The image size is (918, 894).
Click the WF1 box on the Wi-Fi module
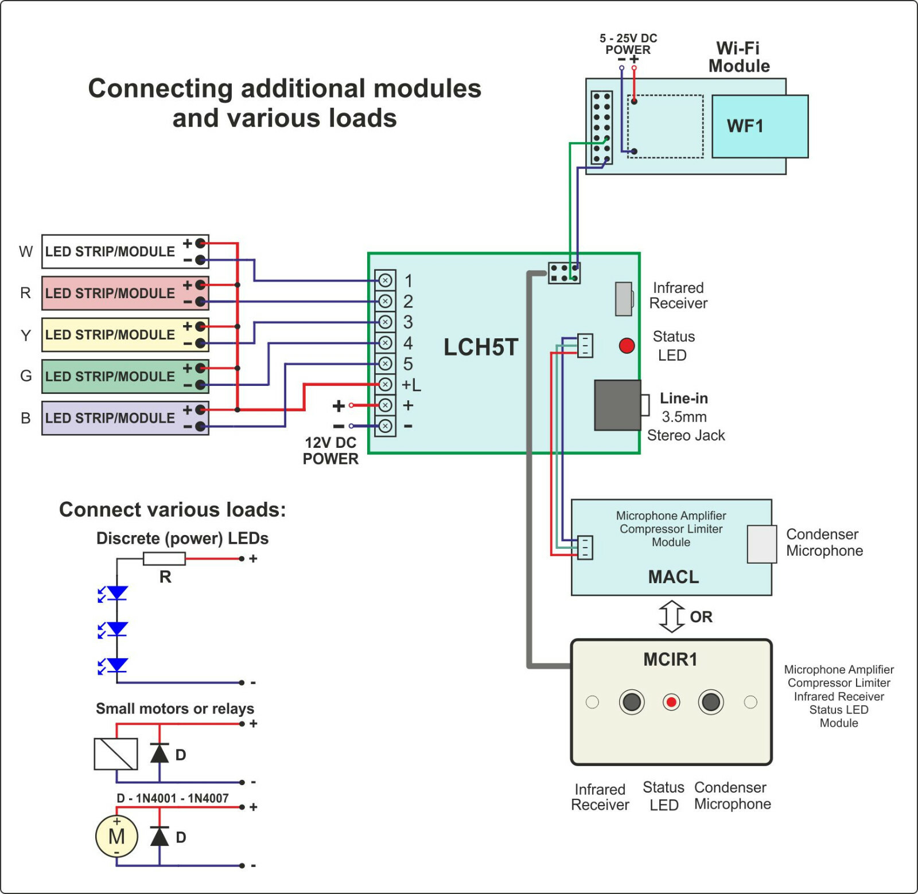pos(760,126)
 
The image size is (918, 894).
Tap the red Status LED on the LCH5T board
pos(627,345)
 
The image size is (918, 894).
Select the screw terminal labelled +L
pos(386,384)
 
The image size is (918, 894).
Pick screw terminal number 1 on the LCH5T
pos(386,280)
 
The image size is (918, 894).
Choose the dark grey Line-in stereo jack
pos(617,405)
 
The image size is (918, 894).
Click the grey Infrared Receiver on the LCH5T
pos(624,299)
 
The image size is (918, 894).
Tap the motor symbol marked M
pos(116,837)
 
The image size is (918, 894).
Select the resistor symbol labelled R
pos(164,559)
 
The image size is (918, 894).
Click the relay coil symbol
pos(116,754)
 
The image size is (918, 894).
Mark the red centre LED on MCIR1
pos(671,702)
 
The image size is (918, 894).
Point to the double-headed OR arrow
pos(671,616)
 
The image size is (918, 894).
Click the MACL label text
pos(674,577)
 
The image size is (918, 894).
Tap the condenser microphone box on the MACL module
pos(762,544)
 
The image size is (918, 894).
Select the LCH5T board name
pos(481,348)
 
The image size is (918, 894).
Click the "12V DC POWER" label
pos(330,451)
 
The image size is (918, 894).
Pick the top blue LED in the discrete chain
pos(117,593)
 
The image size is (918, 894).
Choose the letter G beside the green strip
pos(26,376)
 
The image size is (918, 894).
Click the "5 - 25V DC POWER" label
pos(628,44)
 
